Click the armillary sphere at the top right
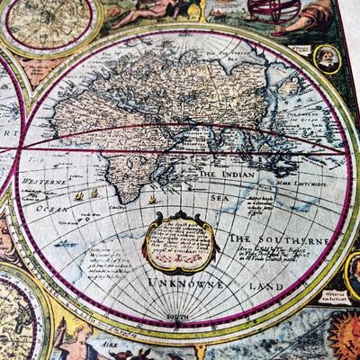(264, 10)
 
